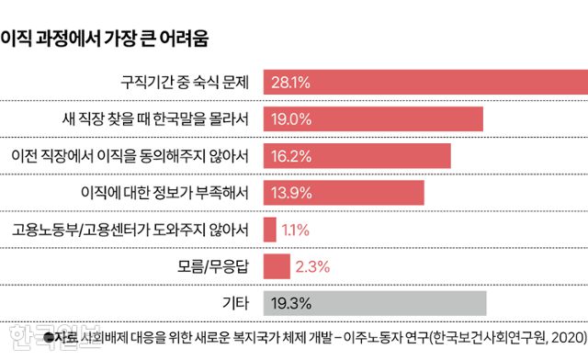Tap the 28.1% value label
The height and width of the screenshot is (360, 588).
289,83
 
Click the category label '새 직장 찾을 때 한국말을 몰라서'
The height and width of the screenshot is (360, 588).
151,119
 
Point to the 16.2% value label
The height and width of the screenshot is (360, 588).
289,156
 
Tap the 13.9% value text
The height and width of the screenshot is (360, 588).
289,193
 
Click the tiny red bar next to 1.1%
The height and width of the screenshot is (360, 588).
270,230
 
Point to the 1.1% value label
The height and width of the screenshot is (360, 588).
296,230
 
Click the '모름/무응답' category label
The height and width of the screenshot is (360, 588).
213,266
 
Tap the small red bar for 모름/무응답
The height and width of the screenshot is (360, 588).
277,266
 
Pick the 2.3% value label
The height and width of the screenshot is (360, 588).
312,267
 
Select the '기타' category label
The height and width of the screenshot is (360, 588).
236,303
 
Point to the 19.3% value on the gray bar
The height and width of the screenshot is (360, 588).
289,303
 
